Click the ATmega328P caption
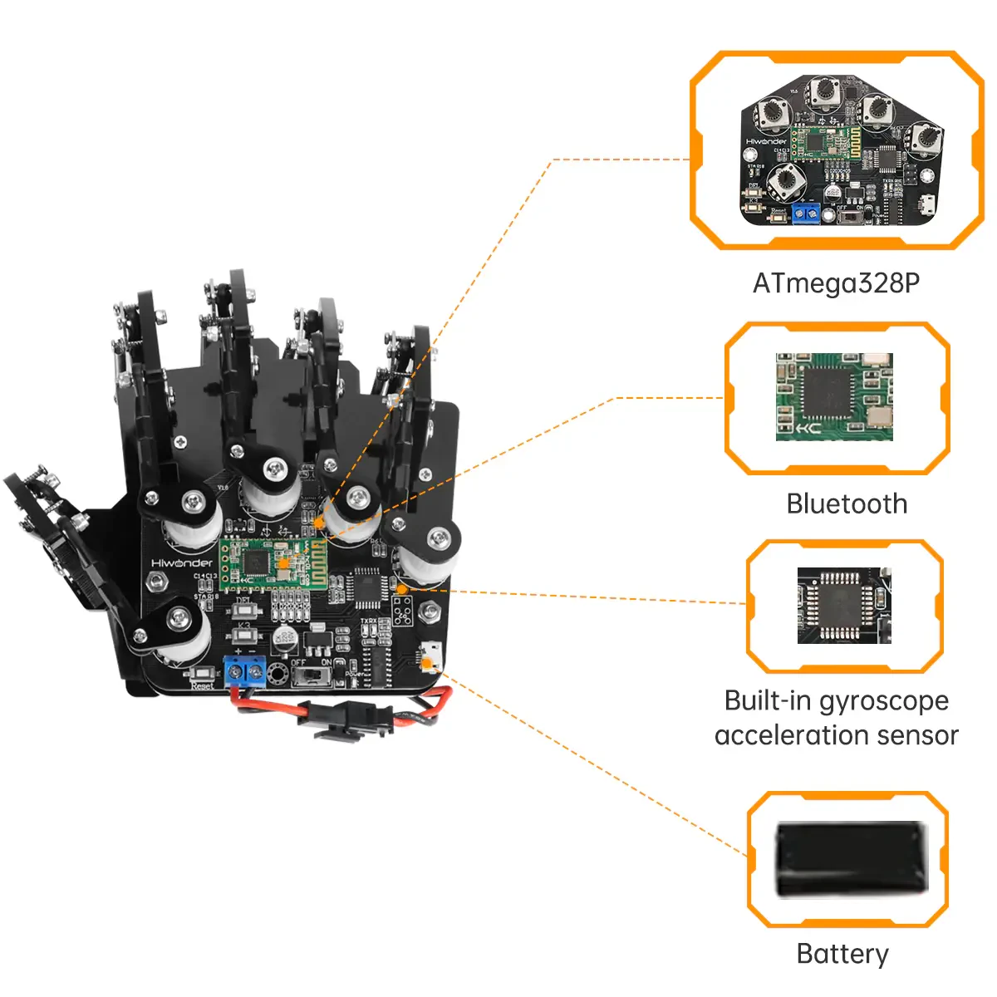pos(836,283)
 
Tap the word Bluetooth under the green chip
pos(847,503)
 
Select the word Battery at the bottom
pos(842,953)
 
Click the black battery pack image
pos(849,859)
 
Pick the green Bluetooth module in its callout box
pos(834,396)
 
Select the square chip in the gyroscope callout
pos(840,606)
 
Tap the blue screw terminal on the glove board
pos(245,670)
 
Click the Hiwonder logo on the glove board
pos(182,562)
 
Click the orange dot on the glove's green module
pos(282,562)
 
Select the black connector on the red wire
pos(342,718)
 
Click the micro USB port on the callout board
pos(926,206)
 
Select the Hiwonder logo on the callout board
pos(765,141)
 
